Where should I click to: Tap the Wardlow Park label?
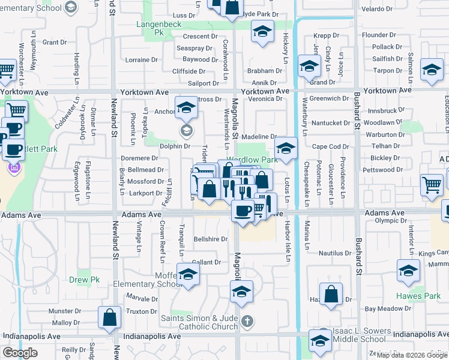(x=252, y=160)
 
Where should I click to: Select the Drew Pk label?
(x=83, y=280)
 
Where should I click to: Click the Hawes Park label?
(x=418, y=296)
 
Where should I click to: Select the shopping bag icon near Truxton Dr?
(x=109, y=318)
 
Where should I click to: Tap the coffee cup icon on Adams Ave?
(x=243, y=211)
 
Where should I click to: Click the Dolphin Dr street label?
(x=175, y=146)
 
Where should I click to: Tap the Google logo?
(x=20, y=353)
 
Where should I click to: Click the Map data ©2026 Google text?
(x=412, y=355)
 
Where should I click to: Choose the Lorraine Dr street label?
(x=141, y=60)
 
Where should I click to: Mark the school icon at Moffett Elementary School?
(x=188, y=275)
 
